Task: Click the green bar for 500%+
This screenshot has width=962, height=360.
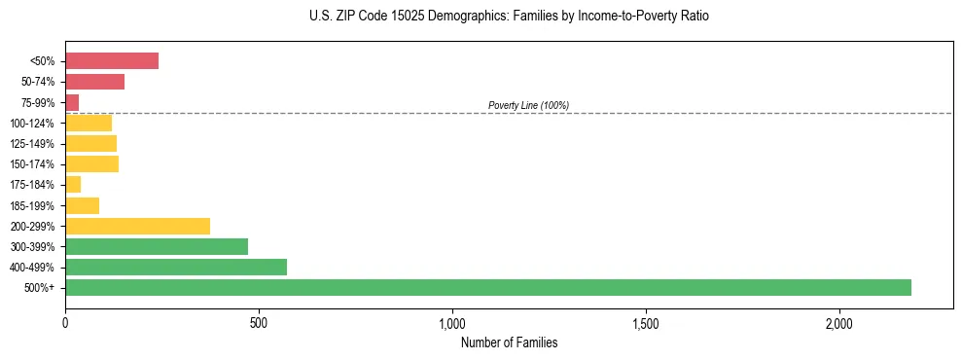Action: tap(487, 287)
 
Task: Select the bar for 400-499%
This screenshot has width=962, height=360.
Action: tap(176, 267)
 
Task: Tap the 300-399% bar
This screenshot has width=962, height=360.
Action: tap(157, 246)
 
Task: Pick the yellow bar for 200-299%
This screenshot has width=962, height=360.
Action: tap(137, 226)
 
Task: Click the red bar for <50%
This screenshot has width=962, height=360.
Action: tap(112, 61)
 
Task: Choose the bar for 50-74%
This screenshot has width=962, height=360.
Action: tap(94, 82)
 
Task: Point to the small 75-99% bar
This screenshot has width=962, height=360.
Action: tap(72, 102)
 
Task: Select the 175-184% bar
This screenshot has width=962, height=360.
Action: tap(73, 184)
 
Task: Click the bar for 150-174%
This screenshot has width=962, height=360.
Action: tap(91, 163)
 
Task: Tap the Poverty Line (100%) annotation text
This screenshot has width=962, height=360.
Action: tap(528, 105)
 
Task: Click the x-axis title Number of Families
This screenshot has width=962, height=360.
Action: tap(509, 342)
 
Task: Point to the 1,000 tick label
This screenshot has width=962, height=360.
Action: tap(452, 322)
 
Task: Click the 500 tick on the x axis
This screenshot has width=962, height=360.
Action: tap(259, 322)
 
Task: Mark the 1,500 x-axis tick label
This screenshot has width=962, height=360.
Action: tap(646, 322)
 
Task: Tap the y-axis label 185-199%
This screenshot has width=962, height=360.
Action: tap(32, 205)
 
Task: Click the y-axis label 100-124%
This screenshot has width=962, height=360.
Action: tap(32, 124)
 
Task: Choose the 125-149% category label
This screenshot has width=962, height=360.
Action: tap(32, 144)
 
